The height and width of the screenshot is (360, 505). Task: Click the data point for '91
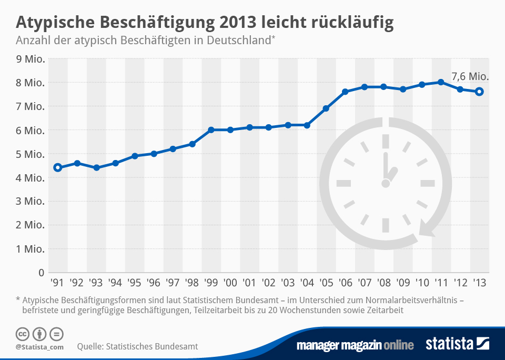(58, 168)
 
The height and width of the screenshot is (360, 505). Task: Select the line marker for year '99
(211, 129)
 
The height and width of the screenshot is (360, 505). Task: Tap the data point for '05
(326, 108)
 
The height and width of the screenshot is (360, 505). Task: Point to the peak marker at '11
(441, 82)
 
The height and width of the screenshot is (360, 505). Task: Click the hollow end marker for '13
(480, 92)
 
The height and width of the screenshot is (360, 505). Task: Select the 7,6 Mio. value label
(470, 77)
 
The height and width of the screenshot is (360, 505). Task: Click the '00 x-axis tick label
(230, 283)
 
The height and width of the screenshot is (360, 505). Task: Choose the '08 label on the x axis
(383, 283)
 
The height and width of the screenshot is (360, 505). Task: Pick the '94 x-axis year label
(115, 283)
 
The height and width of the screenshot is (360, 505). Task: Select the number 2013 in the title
(238, 23)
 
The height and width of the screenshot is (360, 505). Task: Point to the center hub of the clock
(386, 184)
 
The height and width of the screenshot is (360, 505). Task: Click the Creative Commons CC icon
(22, 334)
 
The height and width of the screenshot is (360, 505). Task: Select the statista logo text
(450, 344)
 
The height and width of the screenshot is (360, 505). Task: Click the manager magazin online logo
(355, 345)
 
